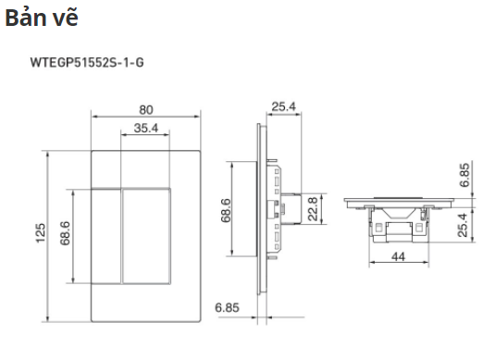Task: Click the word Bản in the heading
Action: click(26, 18)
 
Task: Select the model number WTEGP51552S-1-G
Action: click(87, 63)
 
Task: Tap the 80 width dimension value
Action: click(146, 110)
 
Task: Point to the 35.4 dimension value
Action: click(146, 128)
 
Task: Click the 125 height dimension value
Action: click(40, 233)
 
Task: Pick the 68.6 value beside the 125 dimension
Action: click(65, 233)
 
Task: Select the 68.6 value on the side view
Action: click(226, 210)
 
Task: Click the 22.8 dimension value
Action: click(313, 209)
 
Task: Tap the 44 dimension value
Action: click(398, 256)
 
